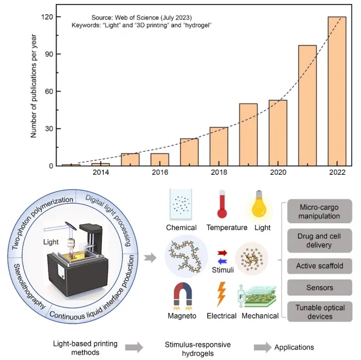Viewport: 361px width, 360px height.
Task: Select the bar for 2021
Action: [307, 106]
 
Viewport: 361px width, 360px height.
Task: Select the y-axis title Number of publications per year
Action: [33, 87]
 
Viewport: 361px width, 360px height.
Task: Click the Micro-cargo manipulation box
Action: [320, 212]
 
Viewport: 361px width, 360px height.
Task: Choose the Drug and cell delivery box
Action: [320, 240]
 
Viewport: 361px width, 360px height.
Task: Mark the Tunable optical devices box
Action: [320, 311]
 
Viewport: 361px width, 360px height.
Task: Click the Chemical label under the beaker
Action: [181, 228]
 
